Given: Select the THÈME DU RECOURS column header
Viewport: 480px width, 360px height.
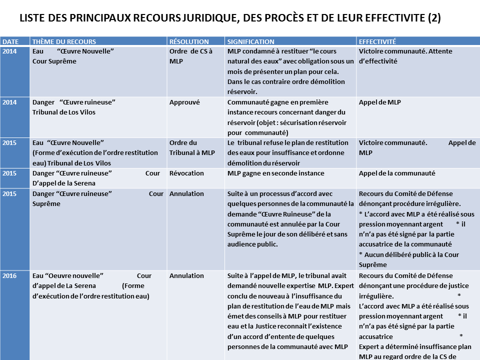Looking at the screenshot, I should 64,42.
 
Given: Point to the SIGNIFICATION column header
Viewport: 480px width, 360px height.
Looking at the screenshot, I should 250,42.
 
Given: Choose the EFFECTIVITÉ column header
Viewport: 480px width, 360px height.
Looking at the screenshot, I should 377,42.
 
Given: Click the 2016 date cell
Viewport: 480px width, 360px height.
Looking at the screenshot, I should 9,275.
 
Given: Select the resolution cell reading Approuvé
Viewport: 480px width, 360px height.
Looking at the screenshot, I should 184,102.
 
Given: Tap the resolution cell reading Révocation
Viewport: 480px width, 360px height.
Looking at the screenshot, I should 186,173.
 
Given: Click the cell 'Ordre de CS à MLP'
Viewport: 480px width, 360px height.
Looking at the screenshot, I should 190,56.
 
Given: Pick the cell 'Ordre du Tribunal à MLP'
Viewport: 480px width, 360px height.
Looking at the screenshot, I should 192,147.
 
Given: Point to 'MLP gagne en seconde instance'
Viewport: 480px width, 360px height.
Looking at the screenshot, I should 275,173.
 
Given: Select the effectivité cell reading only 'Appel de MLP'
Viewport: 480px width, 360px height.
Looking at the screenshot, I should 379,102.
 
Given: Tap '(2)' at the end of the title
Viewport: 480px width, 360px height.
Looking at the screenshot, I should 434,18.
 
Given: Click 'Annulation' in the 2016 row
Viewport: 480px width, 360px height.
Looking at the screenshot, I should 186,275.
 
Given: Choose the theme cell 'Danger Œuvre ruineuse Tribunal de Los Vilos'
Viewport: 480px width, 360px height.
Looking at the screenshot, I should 74,107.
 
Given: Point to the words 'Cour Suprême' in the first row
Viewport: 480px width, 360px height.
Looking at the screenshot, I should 54,61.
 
